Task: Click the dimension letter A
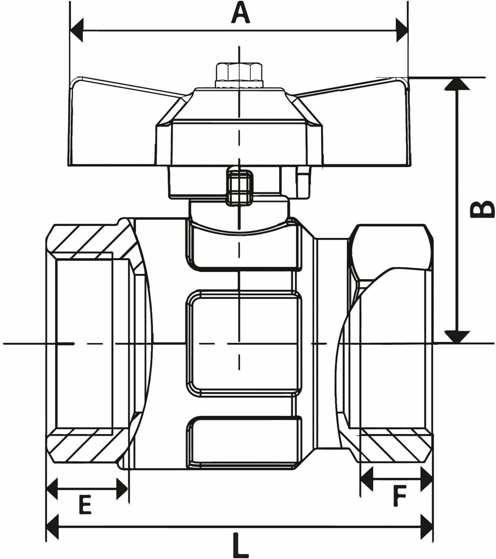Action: coord(240,12)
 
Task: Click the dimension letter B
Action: coord(481,209)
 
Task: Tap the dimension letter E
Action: coord(85,505)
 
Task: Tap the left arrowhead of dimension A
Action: coord(77,30)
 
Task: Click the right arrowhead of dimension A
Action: coord(402,30)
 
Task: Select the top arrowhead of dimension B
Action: coord(457,83)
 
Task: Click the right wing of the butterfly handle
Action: coord(359,124)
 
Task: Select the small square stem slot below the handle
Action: coord(239,188)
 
